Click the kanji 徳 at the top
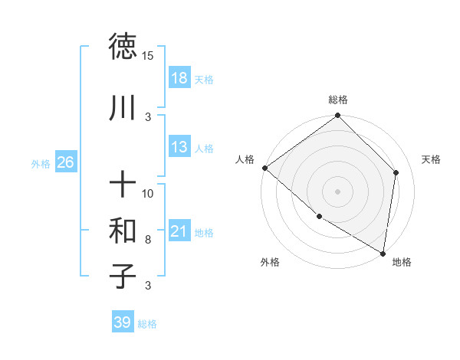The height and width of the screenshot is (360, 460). coord(123,47)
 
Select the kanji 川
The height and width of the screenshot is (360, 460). coord(123,108)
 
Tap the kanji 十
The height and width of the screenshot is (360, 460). coord(123,185)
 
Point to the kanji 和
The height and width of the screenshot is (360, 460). coord(123,231)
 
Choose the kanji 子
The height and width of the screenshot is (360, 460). coord(123,277)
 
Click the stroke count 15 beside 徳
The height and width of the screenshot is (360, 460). coord(148,55)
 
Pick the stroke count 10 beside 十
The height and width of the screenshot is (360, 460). coord(148,193)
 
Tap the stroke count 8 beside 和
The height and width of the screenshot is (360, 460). coord(148,239)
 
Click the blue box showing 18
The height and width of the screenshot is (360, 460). coord(179,79)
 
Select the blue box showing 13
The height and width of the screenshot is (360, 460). coord(179,148)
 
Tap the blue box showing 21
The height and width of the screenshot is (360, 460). coord(179,232)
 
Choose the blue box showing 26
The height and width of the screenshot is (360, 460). coord(65,162)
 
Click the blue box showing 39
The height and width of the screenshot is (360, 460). coord(122,322)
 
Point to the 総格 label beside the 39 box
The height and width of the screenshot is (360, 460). coord(147,324)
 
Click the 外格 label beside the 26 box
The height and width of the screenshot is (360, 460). coord(41,163)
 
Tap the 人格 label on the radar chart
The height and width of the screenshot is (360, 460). coord(246,159)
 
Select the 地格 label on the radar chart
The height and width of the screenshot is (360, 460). coord(402,262)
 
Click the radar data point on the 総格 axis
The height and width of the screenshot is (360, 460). coord(338,116)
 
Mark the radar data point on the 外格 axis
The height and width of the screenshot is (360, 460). coord(319,217)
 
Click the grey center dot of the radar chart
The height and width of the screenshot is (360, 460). coord(338,191)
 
